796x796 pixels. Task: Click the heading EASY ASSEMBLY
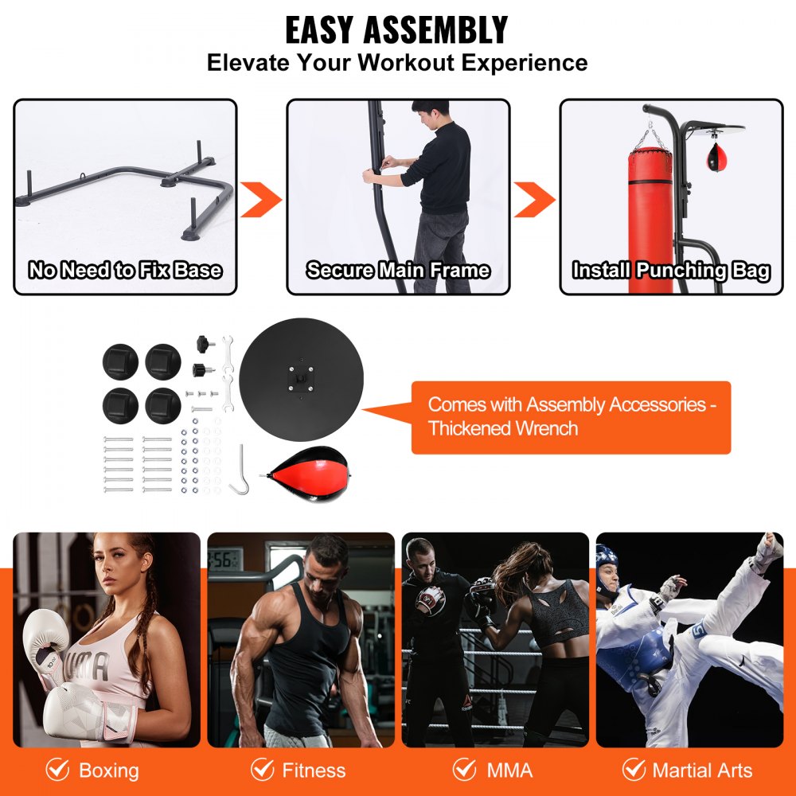point(396,31)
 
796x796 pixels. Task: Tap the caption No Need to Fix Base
point(125,271)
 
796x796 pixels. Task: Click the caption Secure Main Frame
point(398,271)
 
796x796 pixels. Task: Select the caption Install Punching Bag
point(671,271)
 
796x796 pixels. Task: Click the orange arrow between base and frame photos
point(261,199)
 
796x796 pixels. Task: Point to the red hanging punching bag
point(650,215)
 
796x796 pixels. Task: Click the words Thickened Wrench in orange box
point(503,428)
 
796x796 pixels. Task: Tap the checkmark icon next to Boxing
point(57,770)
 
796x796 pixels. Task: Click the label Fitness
point(314,771)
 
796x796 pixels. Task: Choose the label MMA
point(509,771)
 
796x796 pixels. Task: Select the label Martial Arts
point(702,771)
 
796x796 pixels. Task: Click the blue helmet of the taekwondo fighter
point(607,556)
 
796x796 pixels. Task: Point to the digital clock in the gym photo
point(224,560)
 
